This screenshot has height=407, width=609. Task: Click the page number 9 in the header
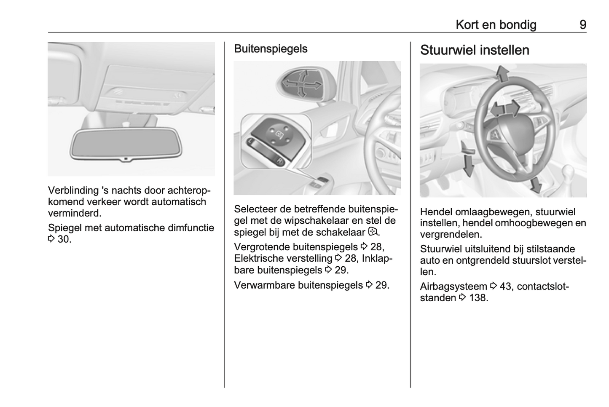point(582,25)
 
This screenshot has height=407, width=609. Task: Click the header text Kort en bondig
point(496,25)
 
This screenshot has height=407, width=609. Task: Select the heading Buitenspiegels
point(271,49)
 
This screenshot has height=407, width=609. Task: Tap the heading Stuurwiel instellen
point(475,50)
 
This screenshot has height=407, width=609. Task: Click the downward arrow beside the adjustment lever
point(468,166)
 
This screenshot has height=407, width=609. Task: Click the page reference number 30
point(64,239)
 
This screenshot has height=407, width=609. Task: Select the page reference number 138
point(478,298)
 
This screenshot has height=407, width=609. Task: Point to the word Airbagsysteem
point(453,287)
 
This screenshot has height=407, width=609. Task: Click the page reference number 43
point(505,287)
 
